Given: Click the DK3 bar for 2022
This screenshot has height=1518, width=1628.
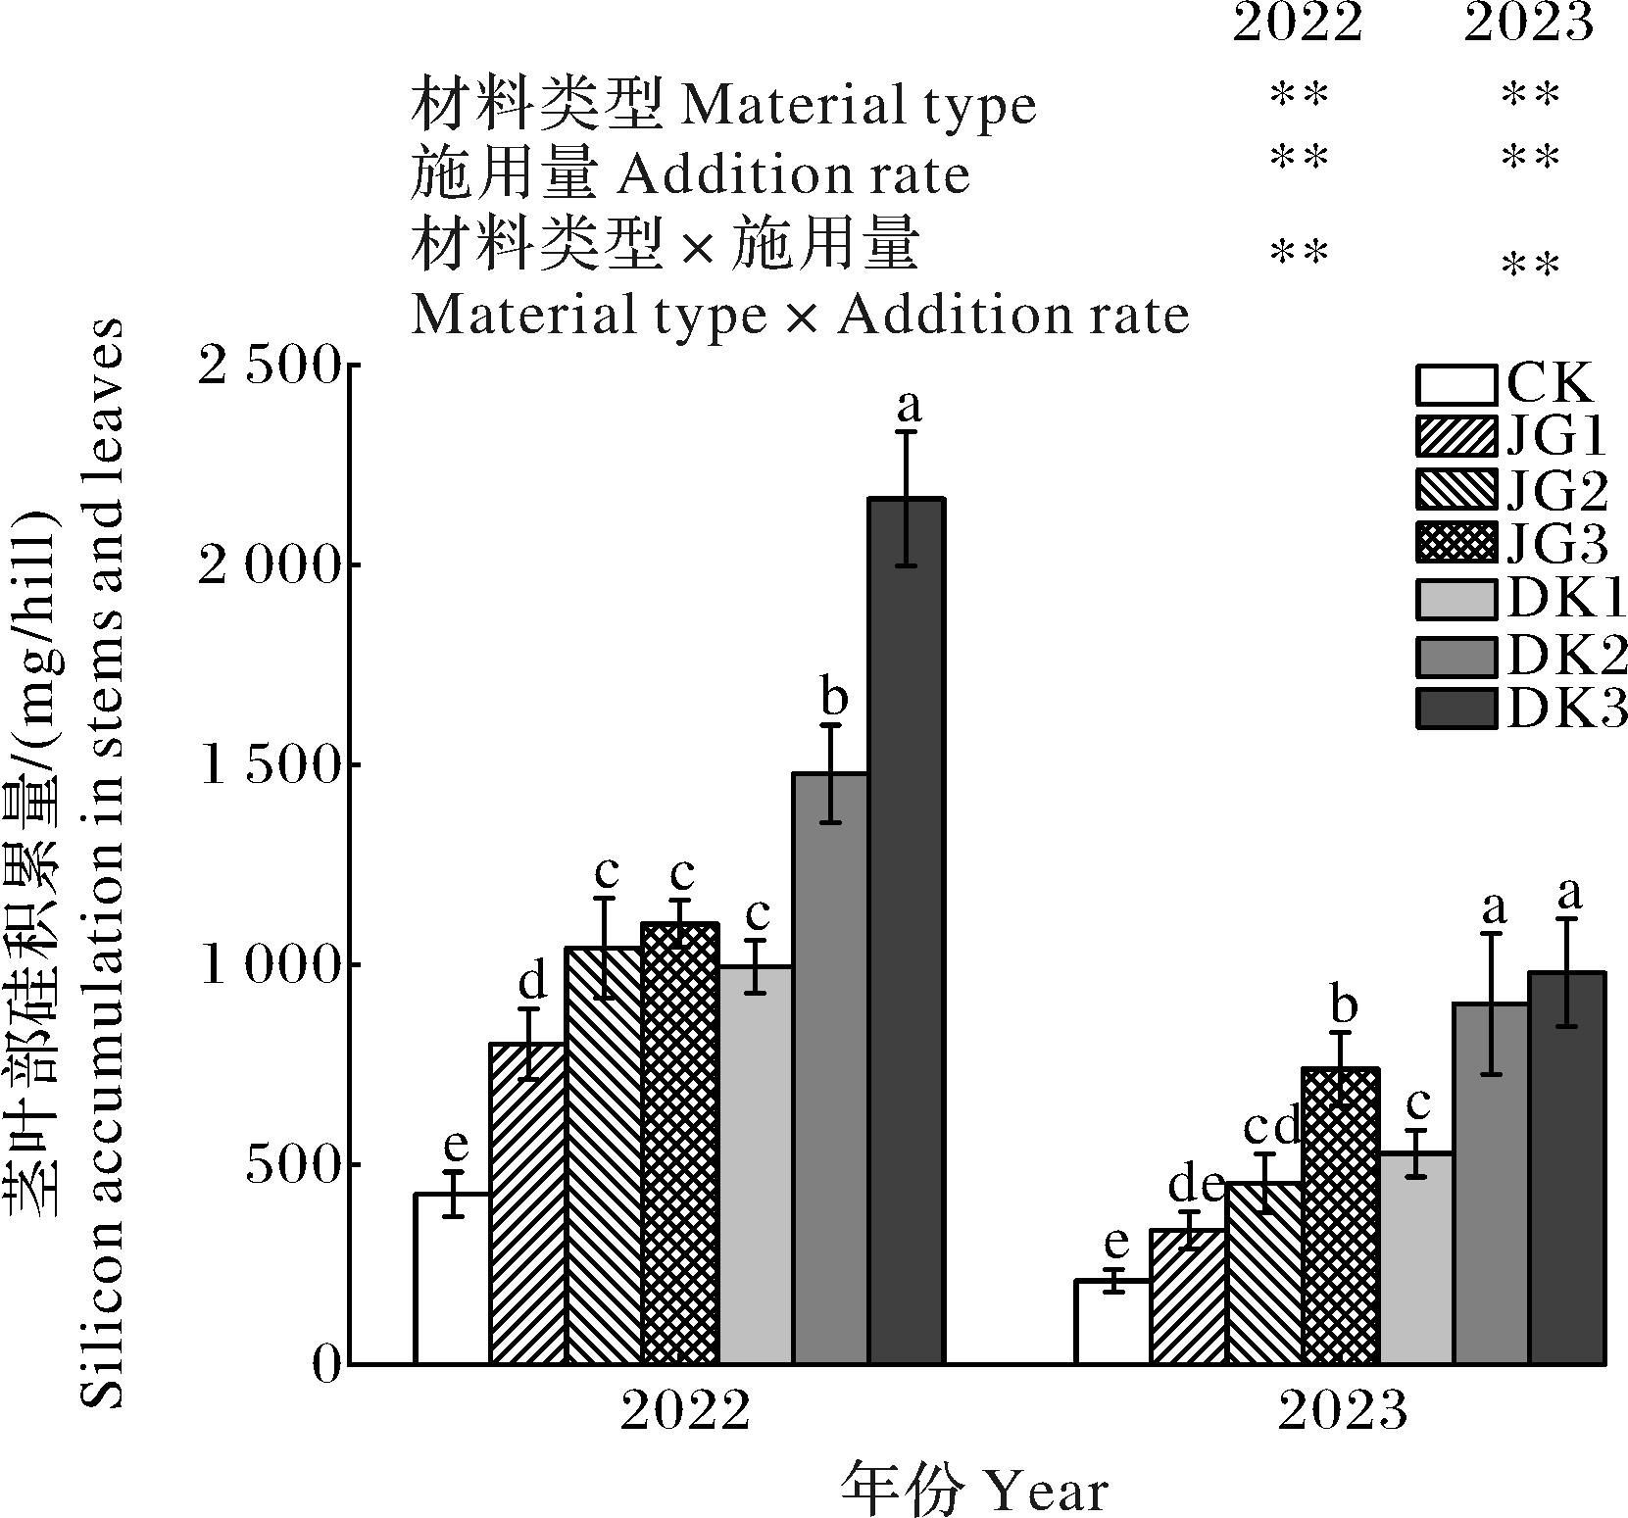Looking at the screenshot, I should pyautogui.click(x=907, y=931).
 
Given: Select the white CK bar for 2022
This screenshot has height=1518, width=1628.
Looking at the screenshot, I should pyautogui.click(x=452, y=1278).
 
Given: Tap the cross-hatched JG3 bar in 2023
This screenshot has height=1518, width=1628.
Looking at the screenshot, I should pyautogui.click(x=1340, y=1215).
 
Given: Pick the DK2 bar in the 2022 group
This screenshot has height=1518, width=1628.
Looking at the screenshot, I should pyautogui.click(x=830, y=1068).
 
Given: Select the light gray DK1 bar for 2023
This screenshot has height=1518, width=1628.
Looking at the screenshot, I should pyautogui.click(x=1416, y=1258).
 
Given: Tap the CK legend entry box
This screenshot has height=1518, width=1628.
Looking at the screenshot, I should pyautogui.click(x=1456, y=384).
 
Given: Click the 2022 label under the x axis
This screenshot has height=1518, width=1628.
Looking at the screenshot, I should pyautogui.click(x=685, y=1412).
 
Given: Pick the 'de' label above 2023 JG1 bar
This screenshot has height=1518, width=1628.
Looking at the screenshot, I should pyautogui.click(x=1196, y=1186).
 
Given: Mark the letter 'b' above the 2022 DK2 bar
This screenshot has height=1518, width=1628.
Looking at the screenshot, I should pyautogui.click(x=832, y=699).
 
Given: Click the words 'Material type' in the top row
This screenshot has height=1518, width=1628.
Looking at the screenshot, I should pyautogui.click(x=858, y=106).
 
